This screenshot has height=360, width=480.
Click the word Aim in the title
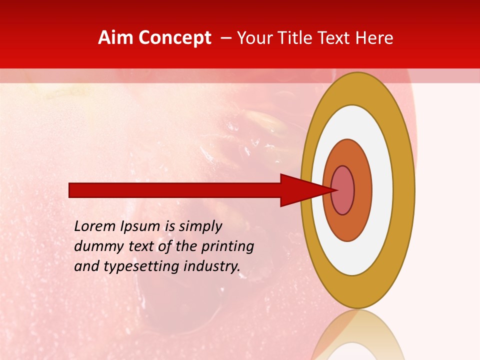point(115,38)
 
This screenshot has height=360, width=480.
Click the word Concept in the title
point(173,38)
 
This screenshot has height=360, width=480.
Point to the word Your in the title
point(254,38)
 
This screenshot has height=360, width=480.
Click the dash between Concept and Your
point(225,38)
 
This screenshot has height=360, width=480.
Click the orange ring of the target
point(363,190)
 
